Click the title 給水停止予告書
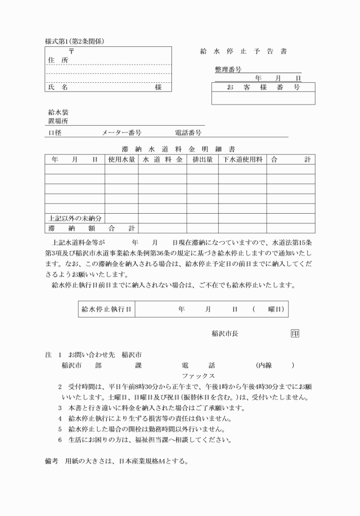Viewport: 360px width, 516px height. pyautogui.click(x=243, y=51)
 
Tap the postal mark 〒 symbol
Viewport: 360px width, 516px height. pyautogui.click(x=70, y=51)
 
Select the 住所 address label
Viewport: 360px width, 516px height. pyautogui.click(x=57, y=60)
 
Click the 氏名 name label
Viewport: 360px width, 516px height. pyautogui.click(x=57, y=87)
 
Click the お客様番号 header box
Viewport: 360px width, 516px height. pyautogui.click(x=263, y=87)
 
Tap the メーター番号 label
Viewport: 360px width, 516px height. pyautogui.click(x=122, y=133)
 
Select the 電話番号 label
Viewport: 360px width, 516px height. pyautogui.click(x=188, y=133)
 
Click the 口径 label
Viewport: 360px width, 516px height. pyautogui.click(x=55, y=133)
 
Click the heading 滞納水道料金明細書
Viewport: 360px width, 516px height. pyautogui.click(x=179, y=149)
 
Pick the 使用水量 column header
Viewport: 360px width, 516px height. pyautogui.click(x=121, y=159)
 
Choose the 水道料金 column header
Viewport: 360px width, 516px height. pyautogui.click(x=162, y=159)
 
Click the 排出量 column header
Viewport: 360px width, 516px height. pyautogui.click(x=202, y=159)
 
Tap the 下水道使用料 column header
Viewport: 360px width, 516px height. pyautogui.click(x=242, y=159)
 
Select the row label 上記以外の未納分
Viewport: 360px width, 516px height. pyautogui.click(x=74, y=218)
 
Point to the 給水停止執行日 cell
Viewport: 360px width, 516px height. pyautogui.click(x=107, y=309)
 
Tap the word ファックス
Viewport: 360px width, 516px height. pyautogui.click(x=198, y=376)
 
